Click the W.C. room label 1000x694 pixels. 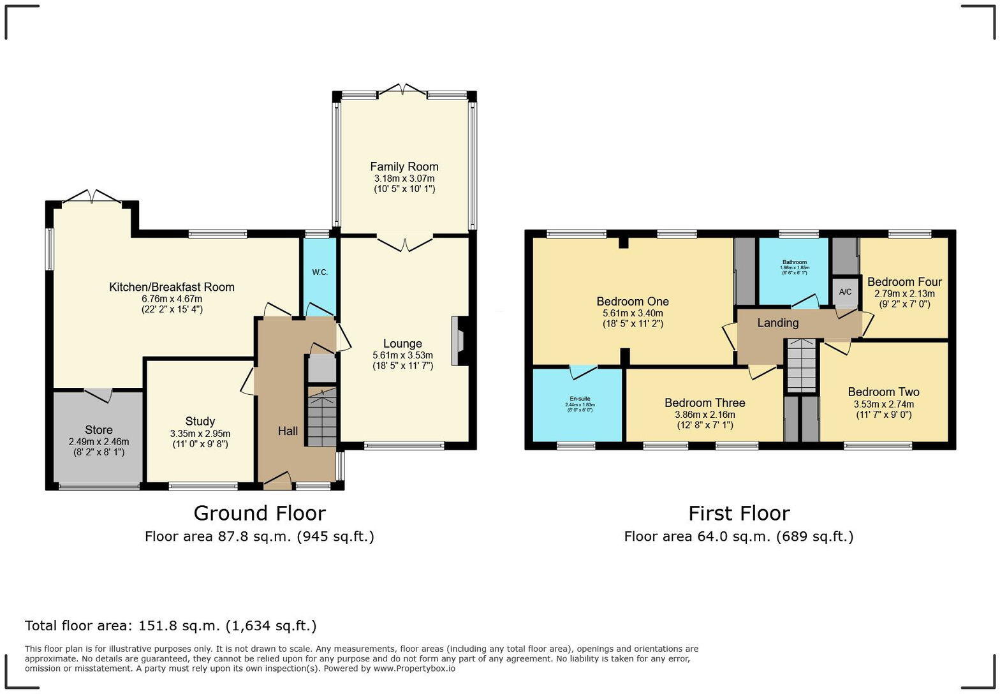click(320, 272)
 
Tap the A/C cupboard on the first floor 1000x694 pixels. click(845, 292)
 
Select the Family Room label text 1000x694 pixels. click(404, 167)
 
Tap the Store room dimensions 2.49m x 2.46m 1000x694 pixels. click(99, 441)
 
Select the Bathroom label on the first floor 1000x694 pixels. click(795, 262)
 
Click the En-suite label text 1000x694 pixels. click(580, 399)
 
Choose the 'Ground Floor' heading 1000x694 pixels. click(260, 513)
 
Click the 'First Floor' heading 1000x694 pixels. click(739, 513)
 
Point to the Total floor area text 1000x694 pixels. click(170, 626)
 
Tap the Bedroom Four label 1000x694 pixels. click(904, 282)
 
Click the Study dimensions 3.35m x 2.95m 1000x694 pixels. click(200, 433)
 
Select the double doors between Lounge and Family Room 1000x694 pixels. click(404, 242)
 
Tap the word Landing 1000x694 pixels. click(777, 323)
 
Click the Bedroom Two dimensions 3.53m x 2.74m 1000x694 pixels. click(883, 404)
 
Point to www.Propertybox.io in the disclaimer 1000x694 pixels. click(414, 668)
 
